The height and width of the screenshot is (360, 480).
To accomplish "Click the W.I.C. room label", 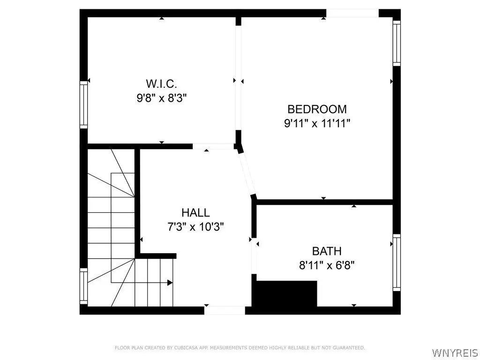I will pos(161,84).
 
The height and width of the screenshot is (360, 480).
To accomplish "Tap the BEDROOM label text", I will pos(317,109).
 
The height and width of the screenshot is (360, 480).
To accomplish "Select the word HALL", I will pos(195,213).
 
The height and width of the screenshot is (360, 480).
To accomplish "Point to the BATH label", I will pos(327,251).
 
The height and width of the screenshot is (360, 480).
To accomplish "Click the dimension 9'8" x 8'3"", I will pos(161,98).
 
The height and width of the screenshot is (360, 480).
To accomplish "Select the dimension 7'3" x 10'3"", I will pos(196,227).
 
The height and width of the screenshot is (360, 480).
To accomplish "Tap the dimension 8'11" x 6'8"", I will pos(327,265).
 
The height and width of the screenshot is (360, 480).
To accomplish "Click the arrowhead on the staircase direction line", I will pos(170,282).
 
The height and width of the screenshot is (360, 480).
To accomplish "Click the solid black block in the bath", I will pos(285,293).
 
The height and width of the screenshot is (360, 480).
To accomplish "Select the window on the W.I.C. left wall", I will pos(83,104).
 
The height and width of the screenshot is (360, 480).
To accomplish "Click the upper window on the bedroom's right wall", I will pos(397,42).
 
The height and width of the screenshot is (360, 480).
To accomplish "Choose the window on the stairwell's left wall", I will pos(83,286).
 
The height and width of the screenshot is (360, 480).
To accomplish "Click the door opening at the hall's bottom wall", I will pos(225,310).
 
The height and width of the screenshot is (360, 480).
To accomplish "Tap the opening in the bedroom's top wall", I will pos(352,13).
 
